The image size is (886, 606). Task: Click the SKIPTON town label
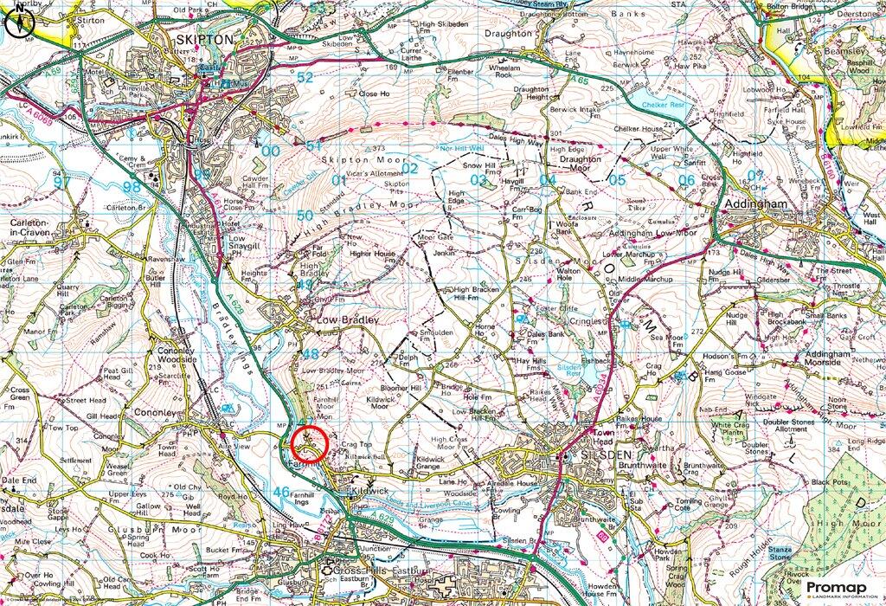point(204,40)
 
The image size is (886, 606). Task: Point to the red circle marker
point(310,443)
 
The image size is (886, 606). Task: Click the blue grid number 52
point(305,77)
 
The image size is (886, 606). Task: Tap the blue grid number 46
point(280,491)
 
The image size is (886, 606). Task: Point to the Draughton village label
point(509,33)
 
